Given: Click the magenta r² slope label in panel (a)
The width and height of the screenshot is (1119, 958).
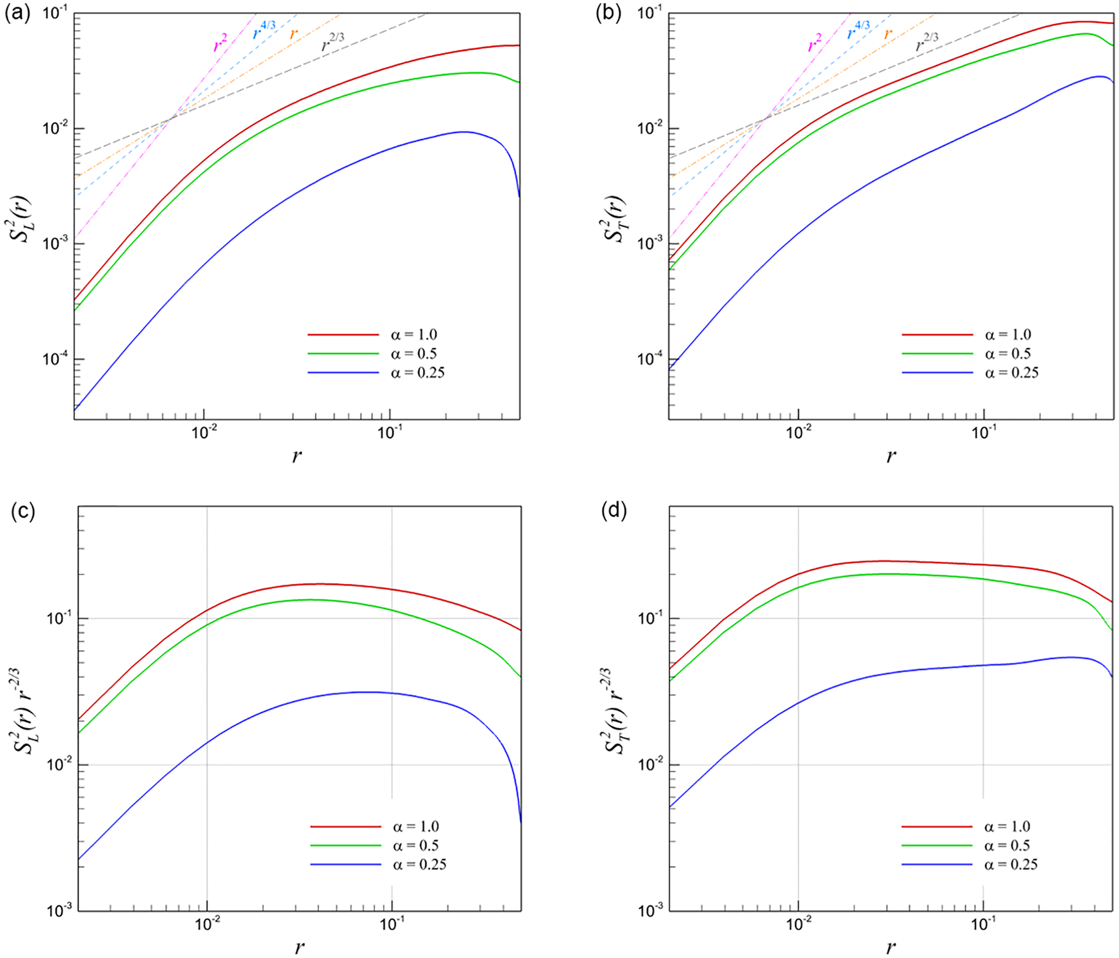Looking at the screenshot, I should click(220, 43).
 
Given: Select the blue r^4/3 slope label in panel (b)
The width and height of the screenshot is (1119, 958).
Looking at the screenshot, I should click(858, 31).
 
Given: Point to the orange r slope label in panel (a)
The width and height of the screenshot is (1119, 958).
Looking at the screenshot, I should click(293, 34).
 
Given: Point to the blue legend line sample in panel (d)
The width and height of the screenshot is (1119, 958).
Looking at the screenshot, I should click(937, 864).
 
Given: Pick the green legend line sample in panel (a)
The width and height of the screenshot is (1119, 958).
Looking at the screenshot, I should click(343, 354).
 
